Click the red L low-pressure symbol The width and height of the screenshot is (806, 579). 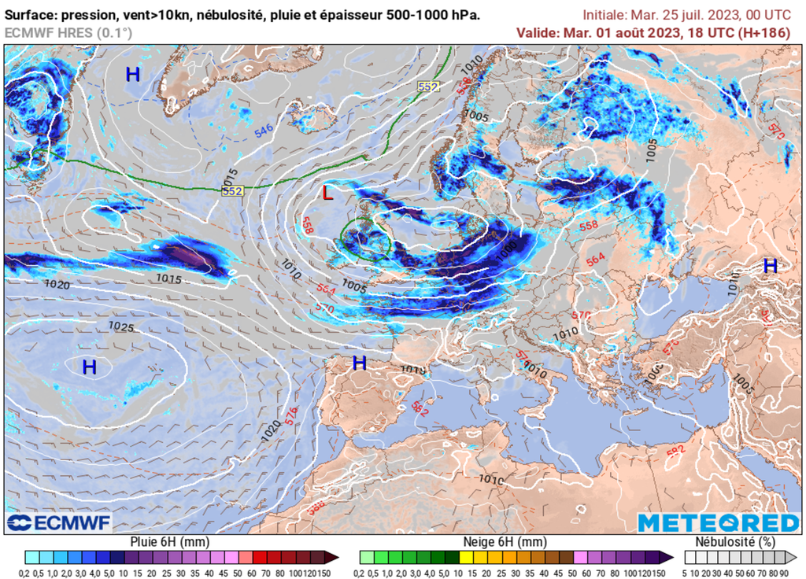click(x=328, y=192)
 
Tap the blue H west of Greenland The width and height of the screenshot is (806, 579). click(x=133, y=75)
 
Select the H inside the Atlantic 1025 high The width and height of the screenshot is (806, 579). click(x=90, y=367)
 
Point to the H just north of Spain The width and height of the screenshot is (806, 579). click(x=360, y=363)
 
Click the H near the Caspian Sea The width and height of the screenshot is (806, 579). click(x=770, y=266)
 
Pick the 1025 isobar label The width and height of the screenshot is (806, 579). click(x=120, y=326)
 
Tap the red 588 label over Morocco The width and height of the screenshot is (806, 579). click(x=316, y=509)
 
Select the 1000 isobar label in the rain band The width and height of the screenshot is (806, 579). click(x=507, y=246)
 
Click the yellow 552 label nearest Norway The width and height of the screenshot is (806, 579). click(x=428, y=87)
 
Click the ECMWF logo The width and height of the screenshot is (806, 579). click(x=59, y=522)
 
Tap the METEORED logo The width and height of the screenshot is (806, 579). click(x=718, y=522)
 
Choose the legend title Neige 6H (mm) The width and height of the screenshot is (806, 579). click(x=504, y=542)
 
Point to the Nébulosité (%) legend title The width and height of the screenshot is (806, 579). click(x=735, y=542)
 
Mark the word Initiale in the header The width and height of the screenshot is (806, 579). click(x=606, y=15)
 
